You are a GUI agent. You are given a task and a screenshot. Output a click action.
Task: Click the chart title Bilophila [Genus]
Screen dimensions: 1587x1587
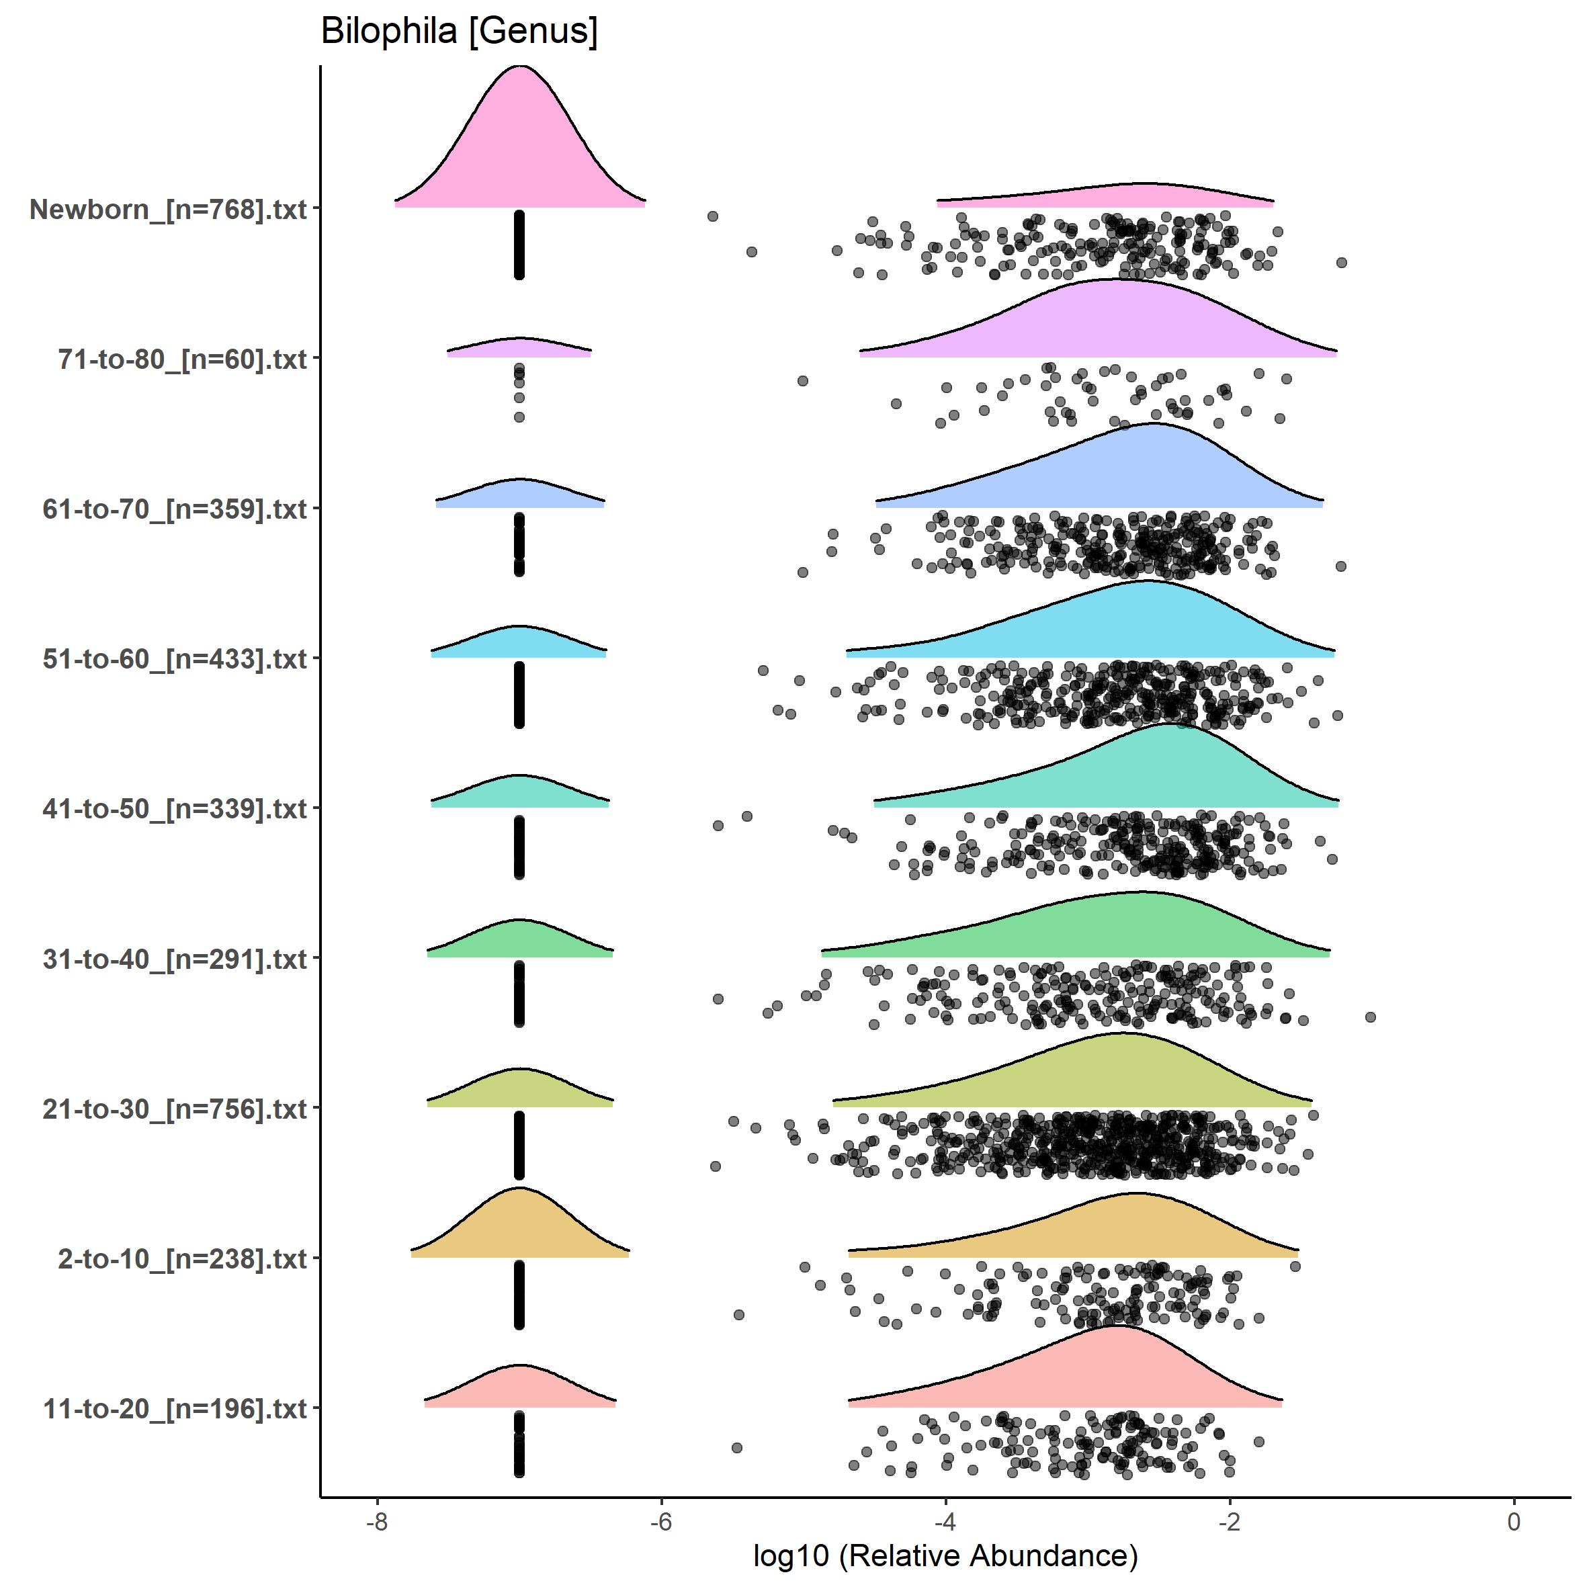point(458,31)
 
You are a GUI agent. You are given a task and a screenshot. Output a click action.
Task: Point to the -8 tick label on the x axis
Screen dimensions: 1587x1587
point(376,1521)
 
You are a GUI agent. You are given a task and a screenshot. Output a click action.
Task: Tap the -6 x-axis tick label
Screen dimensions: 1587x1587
point(660,1521)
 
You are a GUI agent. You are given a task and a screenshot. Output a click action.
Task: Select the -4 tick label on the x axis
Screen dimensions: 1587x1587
point(945,1521)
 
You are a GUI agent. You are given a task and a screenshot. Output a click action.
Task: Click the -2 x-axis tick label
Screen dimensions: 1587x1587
point(1229,1521)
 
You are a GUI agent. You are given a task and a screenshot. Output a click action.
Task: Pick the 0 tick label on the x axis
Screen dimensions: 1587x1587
point(1514,1521)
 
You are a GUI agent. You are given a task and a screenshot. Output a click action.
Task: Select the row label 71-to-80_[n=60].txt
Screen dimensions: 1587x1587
point(181,359)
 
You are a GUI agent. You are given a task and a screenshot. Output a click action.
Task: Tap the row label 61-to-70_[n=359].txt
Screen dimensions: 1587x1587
point(174,509)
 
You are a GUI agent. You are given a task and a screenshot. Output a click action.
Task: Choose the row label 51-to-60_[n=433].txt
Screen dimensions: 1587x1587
point(174,658)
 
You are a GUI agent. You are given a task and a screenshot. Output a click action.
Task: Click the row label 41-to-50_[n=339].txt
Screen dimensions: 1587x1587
point(174,809)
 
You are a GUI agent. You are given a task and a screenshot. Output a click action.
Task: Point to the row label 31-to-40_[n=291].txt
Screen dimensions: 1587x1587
point(174,959)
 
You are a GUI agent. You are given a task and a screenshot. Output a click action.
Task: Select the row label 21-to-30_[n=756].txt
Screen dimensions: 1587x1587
point(174,1109)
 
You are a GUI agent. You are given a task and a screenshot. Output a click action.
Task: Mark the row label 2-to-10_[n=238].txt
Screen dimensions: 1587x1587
point(181,1258)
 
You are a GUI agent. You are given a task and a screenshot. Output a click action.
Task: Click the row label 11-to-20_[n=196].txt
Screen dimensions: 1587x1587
point(174,1409)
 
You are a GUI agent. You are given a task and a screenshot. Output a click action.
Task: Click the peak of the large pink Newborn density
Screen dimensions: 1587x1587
point(519,67)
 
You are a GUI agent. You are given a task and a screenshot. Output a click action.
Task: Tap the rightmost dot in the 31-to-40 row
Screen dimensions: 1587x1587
point(1370,1017)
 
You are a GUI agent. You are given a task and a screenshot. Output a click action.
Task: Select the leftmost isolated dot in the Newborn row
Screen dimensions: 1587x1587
point(713,216)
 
